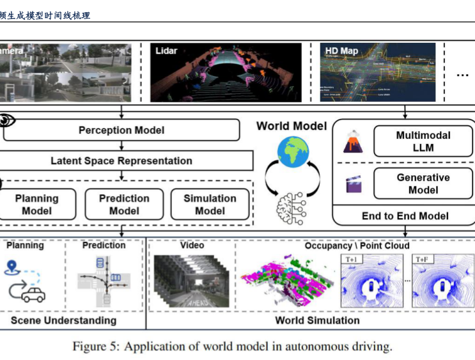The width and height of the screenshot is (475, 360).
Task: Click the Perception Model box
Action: pyautogui.click(x=121, y=130)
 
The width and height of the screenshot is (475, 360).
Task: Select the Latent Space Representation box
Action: pyautogui.click(x=121, y=160)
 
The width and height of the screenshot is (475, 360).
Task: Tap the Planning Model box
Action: pyautogui.click(x=37, y=205)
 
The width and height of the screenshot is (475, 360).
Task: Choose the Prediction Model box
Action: pyautogui.click(x=124, y=205)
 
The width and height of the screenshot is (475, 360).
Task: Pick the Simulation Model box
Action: pyautogui.click(x=210, y=205)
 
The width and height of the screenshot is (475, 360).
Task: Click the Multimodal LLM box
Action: pyautogui.click(x=423, y=141)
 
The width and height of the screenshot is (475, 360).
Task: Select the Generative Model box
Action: pyautogui.click(x=423, y=184)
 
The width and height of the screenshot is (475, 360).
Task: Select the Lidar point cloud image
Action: pyautogui.click(x=226, y=72)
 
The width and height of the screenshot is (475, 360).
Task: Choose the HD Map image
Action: pyautogui.click(x=377, y=72)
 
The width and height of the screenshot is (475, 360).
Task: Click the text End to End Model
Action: pyautogui.click(x=405, y=216)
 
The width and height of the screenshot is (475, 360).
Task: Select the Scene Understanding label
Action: pyautogui.click(x=64, y=320)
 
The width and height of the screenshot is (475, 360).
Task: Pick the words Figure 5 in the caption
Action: pyautogui.click(x=95, y=347)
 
